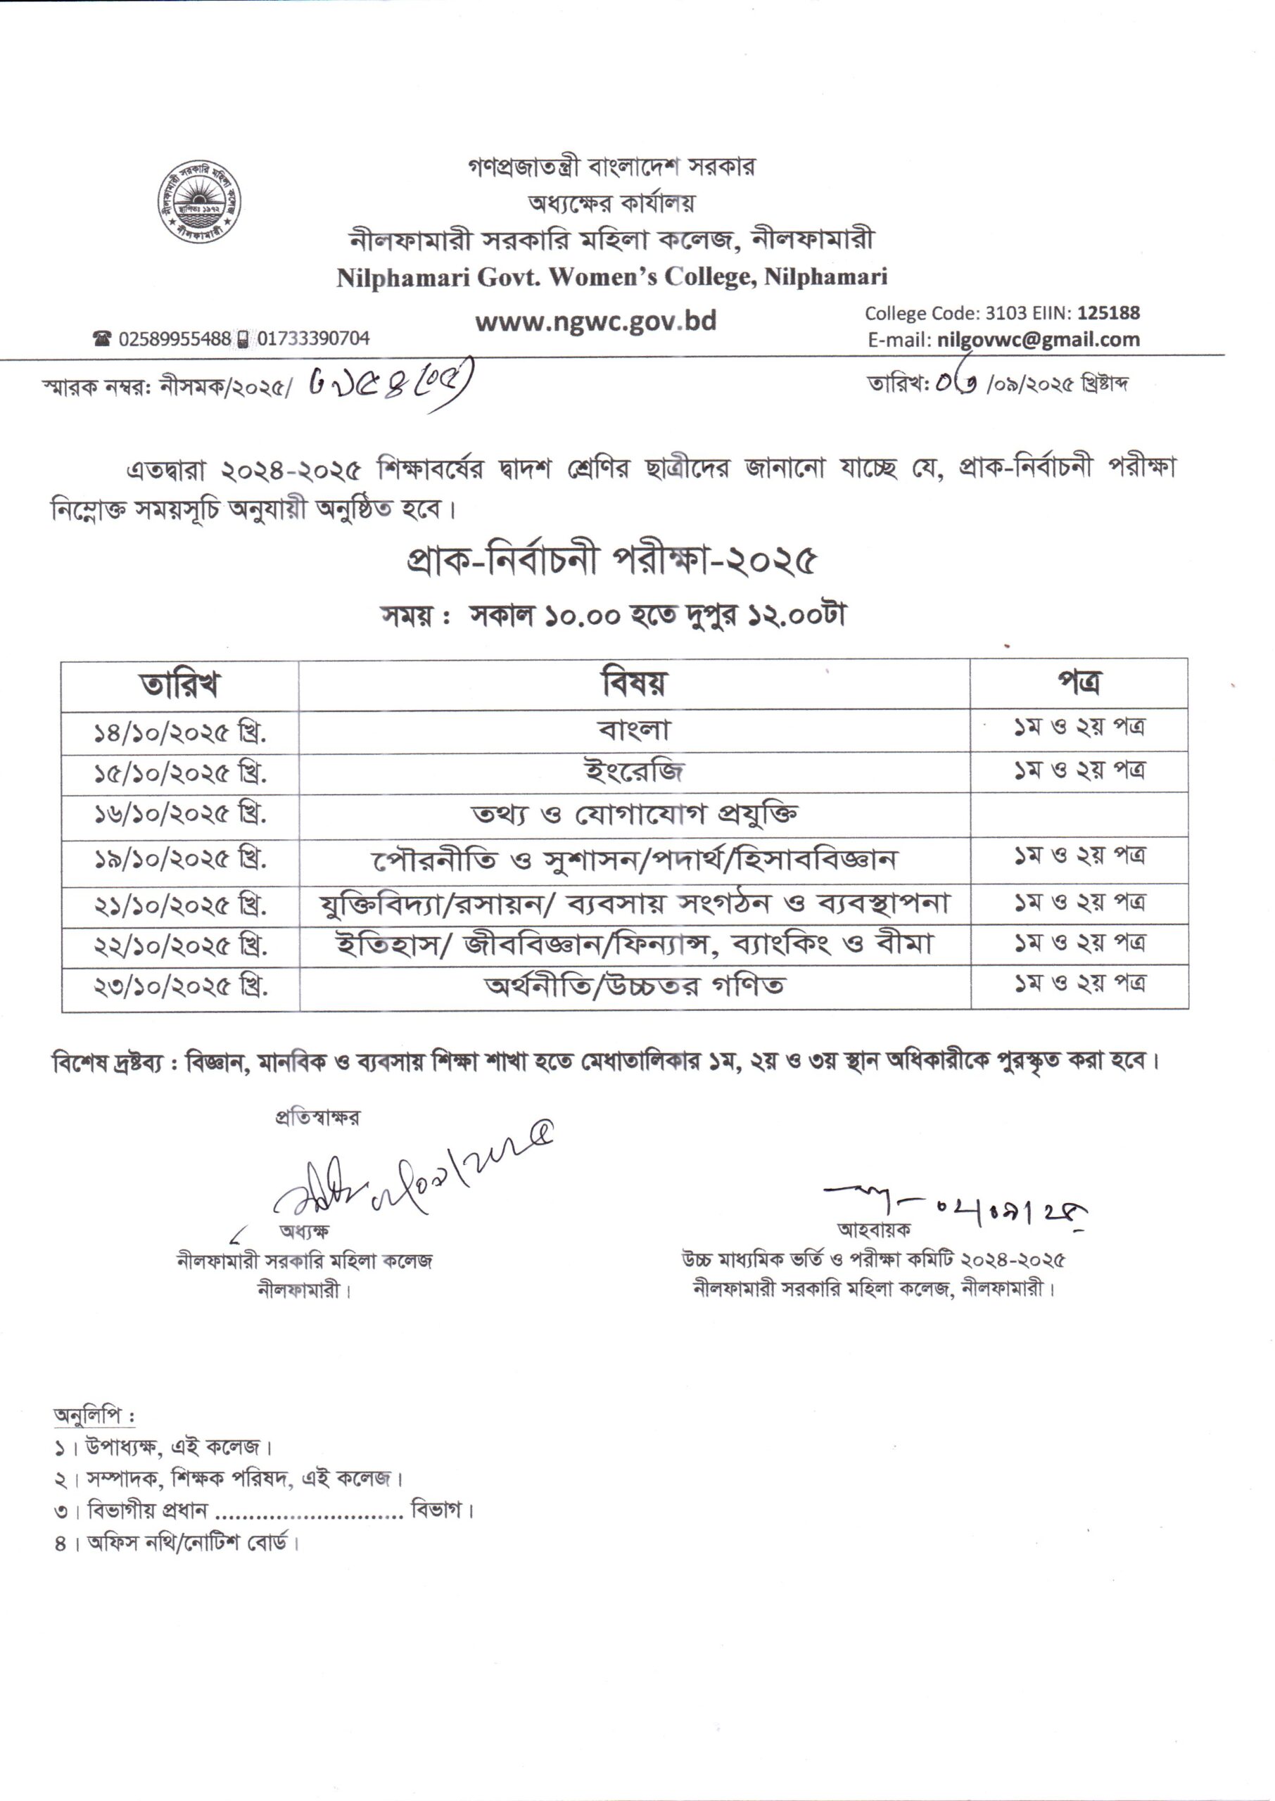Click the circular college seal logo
pyautogui.click(x=198, y=202)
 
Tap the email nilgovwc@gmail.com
pyautogui.click(x=1038, y=340)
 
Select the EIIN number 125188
pyautogui.click(x=1108, y=313)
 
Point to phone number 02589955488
pyautogui.click(x=175, y=339)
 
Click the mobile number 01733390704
pyautogui.click(x=313, y=339)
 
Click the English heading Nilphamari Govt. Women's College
pyautogui.click(x=611, y=277)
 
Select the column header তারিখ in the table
pyautogui.click(x=180, y=685)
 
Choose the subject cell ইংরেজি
pyautogui.click(x=633, y=772)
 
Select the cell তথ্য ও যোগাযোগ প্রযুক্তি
pyautogui.click(x=633, y=815)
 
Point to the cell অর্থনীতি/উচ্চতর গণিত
pyautogui.click(x=633, y=986)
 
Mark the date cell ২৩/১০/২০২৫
pyautogui.click(x=180, y=987)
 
